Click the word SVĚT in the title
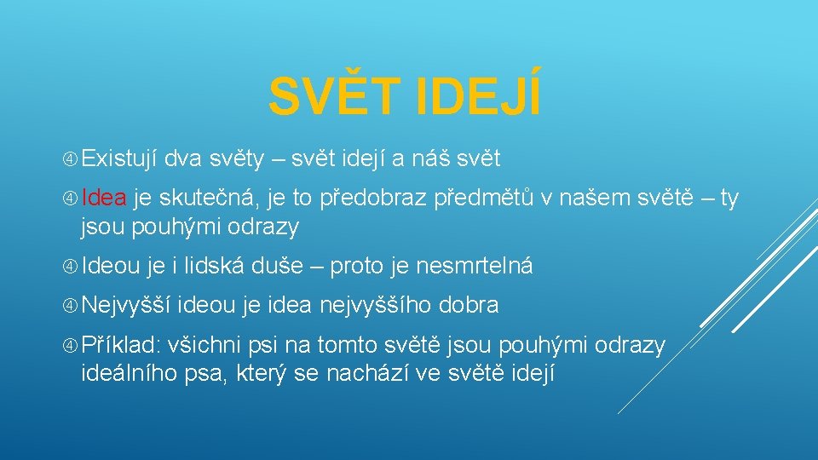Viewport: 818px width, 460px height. tap(335, 98)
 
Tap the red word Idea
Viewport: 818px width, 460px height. tap(105, 198)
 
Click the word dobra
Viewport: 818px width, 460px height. tap(470, 305)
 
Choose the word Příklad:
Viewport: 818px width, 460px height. tap(122, 344)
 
